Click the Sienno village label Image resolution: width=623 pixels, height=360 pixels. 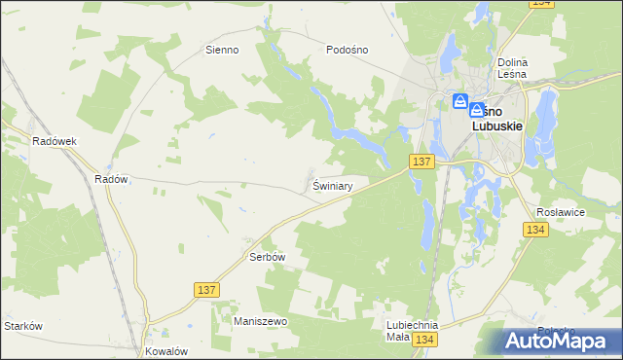tap(222, 50)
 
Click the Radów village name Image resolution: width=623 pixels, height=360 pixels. tap(111, 179)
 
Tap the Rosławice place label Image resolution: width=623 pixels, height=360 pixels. tap(559, 210)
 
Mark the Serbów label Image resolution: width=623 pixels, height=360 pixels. tap(267, 257)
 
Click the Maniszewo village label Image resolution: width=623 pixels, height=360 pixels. tap(257, 320)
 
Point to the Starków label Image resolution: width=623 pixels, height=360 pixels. tap(23, 326)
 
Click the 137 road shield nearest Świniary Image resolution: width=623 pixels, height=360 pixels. tap(421, 161)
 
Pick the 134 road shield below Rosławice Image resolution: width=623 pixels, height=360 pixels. tap(534, 230)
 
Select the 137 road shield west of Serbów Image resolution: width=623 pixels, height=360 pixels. tap(206, 290)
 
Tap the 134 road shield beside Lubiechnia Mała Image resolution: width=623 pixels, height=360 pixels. tap(423, 339)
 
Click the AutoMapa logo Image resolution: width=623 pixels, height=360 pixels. tap(561, 341)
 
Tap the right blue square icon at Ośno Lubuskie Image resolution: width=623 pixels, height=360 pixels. tap(477, 111)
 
